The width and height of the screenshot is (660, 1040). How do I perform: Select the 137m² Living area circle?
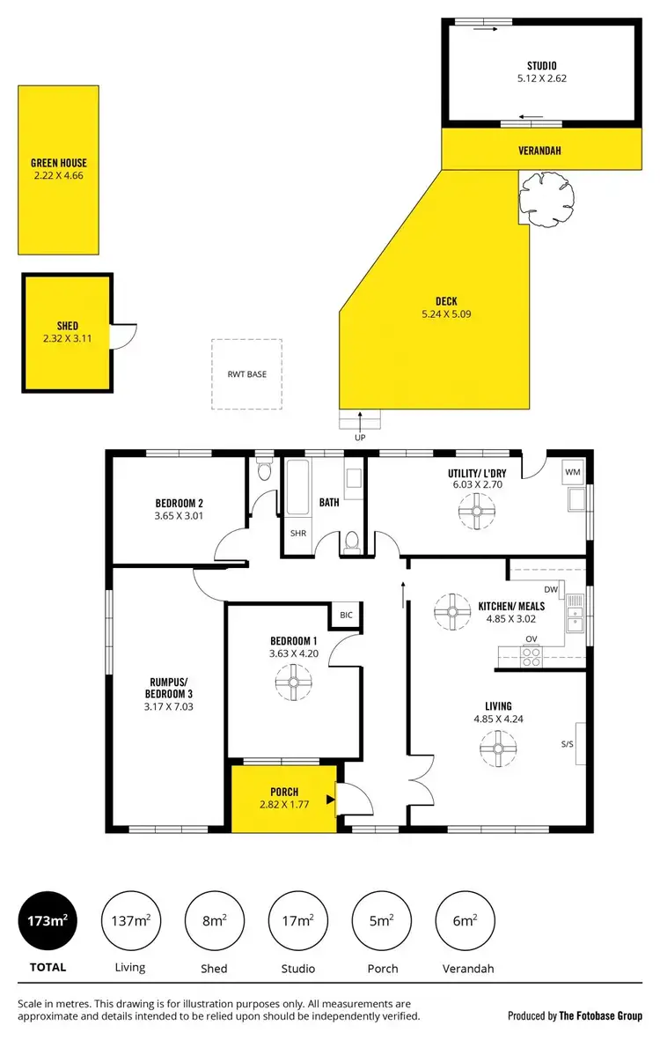(129, 921)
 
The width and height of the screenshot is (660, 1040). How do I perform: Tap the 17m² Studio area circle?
(297, 921)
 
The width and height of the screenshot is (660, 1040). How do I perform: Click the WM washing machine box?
(573, 473)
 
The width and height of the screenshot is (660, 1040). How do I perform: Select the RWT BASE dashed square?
(246, 374)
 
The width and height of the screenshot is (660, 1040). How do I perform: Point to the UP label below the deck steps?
(359, 438)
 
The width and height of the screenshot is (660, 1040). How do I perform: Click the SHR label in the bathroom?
(297, 534)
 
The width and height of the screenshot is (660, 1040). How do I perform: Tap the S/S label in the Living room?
(567, 744)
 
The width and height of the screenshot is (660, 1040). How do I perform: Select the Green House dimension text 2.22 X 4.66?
(59, 175)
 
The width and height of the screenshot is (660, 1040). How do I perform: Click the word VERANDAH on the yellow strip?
(539, 151)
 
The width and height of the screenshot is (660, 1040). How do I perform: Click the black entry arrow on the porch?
(330, 800)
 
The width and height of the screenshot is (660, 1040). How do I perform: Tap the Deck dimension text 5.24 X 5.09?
(446, 313)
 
